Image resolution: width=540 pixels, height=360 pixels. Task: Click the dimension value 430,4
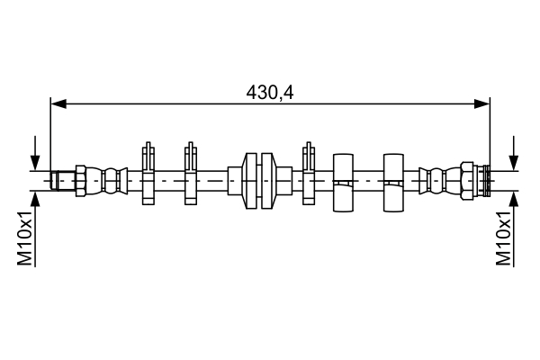[270, 91]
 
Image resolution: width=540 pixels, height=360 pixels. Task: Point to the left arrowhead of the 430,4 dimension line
[58, 104]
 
